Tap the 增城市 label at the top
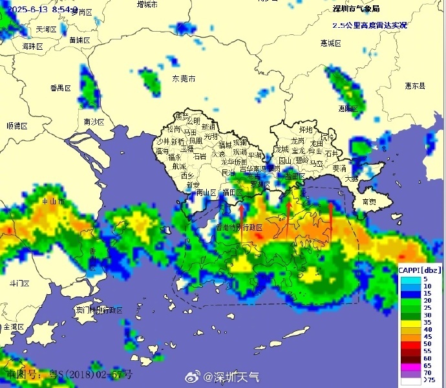click(x=147, y=5)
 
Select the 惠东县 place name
click(x=415, y=85)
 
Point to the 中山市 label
click(x=52, y=201)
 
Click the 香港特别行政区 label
click(x=240, y=228)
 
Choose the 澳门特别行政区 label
click(x=99, y=310)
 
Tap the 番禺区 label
click(x=60, y=87)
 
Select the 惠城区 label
click(x=330, y=43)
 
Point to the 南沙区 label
click(x=94, y=122)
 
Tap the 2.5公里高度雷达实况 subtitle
click(x=370, y=25)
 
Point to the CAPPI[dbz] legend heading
click(x=420, y=270)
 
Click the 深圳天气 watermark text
click(x=237, y=376)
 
